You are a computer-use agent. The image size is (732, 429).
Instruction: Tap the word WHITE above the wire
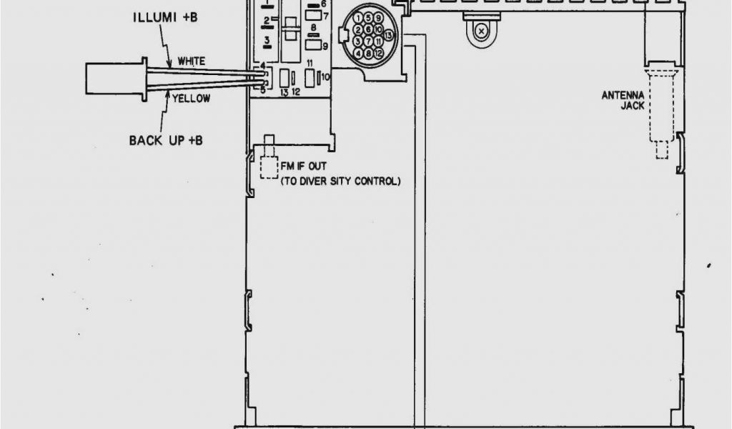pyautogui.click(x=192, y=61)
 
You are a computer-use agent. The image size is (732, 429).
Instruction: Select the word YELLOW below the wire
pyautogui.click(x=191, y=99)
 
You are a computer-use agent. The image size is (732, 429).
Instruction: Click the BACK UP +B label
pyautogui.click(x=166, y=140)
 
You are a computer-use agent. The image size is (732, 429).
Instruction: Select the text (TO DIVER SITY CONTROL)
pyautogui.click(x=340, y=182)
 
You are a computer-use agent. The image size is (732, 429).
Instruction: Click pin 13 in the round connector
pyautogui.click(x=388, y=34)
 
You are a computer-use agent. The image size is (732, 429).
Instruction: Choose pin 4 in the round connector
pyautogui.click(x=358, y=53)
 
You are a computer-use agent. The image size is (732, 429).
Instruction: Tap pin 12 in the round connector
pyautogui.click(x=378, y=53)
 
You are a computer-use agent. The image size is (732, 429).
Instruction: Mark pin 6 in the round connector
pyautogui.click(x=368, y=30)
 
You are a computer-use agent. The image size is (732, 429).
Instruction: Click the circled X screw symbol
pyautogui.click(x=483, y=31)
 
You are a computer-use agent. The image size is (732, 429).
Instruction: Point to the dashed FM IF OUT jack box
pyautogui.click(x=269, y=166)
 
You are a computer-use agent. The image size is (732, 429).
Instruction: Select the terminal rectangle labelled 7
pyautogui.click(x=312, y=15)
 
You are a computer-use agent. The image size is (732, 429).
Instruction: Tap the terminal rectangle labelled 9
pyautogui.click(x=312, y=45)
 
